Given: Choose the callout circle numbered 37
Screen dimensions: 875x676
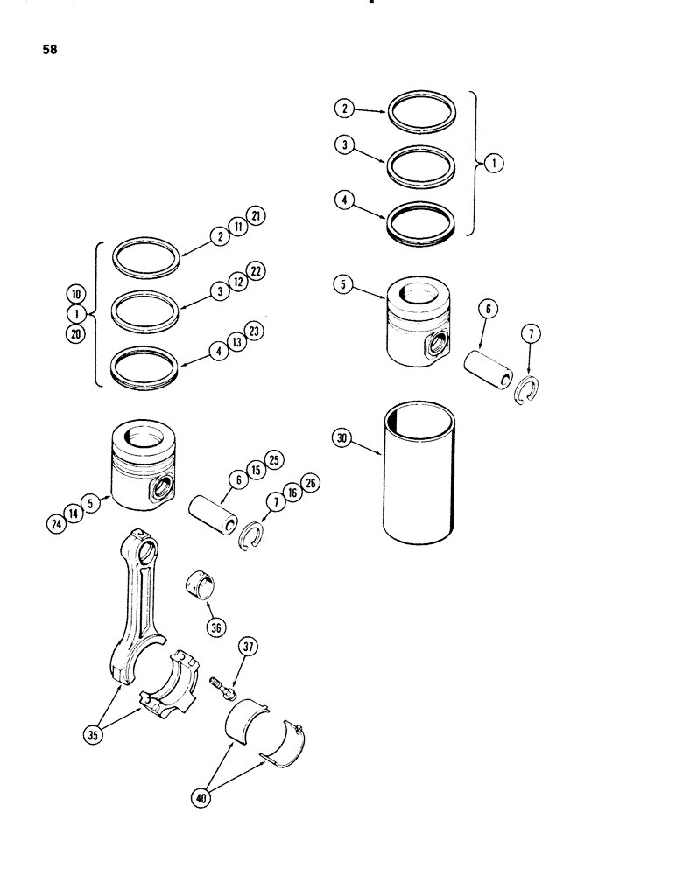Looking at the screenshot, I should tap(249, 648).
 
